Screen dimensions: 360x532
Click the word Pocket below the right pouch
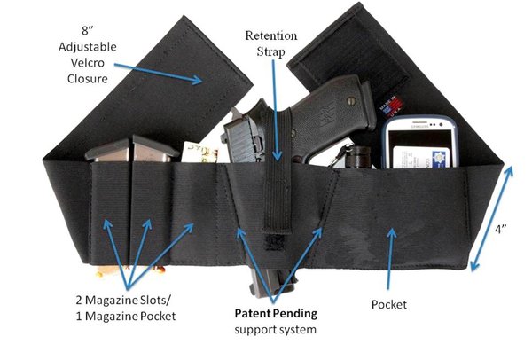tap(388, 304)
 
